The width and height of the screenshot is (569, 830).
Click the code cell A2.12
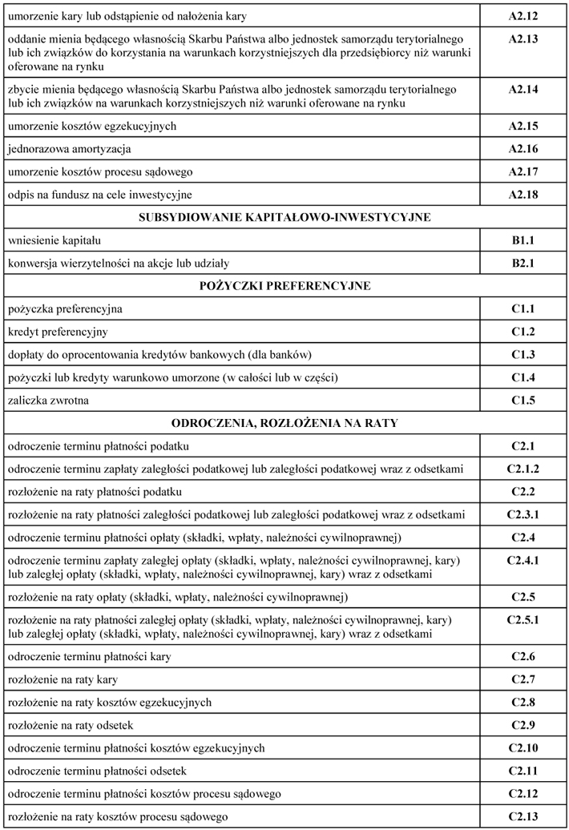click(x=523, y=16)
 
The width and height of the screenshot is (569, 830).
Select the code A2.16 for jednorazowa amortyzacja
click(x=523, y=149)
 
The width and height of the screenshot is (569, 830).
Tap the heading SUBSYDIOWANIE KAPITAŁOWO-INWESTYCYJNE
click(x=284, y=217)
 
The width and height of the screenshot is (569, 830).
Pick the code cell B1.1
click(x=523, y=240)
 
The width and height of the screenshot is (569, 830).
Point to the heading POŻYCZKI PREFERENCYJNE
click(x=284, y=285)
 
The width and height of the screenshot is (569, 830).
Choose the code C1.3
click(x=523, y=354)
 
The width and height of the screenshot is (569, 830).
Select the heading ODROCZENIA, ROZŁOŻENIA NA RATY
click(x=284, y=422)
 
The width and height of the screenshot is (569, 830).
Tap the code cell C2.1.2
click(x=523, y=468)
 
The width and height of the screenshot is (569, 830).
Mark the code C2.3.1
click(x=523, y=514)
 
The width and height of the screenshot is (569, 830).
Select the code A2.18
click(x=523, y=195)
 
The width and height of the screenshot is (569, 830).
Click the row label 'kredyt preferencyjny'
click(x=58, y=332)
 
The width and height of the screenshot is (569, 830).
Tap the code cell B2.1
click(x=523, y=263)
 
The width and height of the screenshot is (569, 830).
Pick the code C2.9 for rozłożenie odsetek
click(x=523, y=725)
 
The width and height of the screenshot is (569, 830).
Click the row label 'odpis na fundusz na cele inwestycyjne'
click(x=100, y=195)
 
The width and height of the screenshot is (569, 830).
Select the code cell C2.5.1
click(x=523, y=620)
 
